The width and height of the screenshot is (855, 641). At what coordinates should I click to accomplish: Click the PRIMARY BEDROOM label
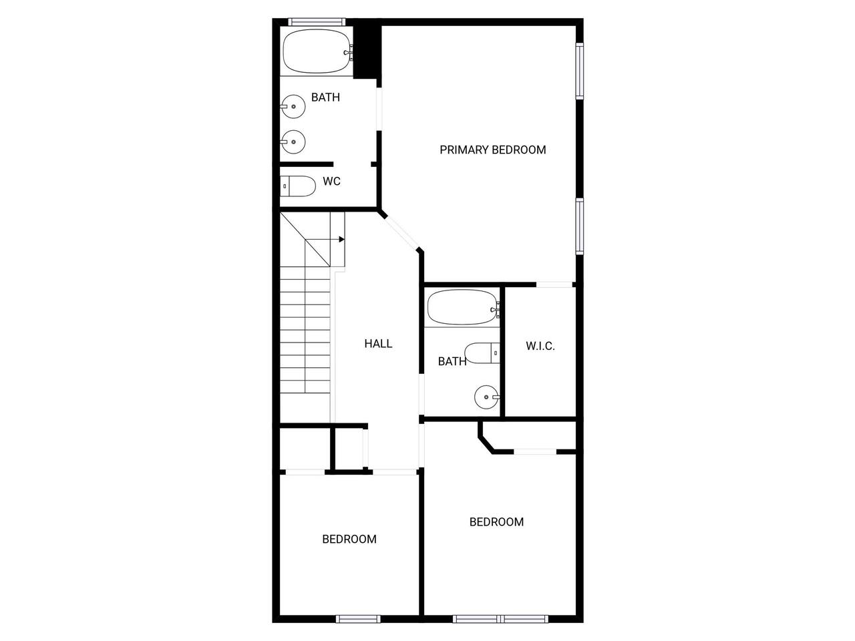492,150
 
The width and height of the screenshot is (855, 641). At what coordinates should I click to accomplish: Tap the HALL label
378,344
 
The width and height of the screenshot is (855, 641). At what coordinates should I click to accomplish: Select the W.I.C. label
540,346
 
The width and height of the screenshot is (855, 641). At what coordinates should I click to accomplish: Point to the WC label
331,182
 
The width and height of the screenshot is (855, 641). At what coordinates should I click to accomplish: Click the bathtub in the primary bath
316,51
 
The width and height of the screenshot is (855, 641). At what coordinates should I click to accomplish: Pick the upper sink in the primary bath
293,106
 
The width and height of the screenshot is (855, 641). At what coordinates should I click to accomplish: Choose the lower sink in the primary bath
293,142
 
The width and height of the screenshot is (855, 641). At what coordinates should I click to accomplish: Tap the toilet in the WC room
298,186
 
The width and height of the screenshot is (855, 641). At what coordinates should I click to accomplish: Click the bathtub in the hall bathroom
463,307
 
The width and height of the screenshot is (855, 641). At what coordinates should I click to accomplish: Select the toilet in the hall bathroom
482,353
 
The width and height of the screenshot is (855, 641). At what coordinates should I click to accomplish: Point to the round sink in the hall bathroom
487,397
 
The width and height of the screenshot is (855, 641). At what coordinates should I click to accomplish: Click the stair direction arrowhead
341,239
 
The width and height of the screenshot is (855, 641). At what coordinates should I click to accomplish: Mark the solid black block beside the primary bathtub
367,52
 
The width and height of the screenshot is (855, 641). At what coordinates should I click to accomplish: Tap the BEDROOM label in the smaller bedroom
349,539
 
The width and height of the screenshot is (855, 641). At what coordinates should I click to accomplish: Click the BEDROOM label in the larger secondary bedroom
497,522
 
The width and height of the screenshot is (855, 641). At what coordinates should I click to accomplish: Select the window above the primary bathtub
317,22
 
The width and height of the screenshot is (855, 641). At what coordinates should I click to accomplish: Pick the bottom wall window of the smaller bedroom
358,618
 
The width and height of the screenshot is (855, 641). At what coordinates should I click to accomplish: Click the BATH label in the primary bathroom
326,97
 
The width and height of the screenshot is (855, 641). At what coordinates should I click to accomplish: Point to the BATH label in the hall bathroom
452,361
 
